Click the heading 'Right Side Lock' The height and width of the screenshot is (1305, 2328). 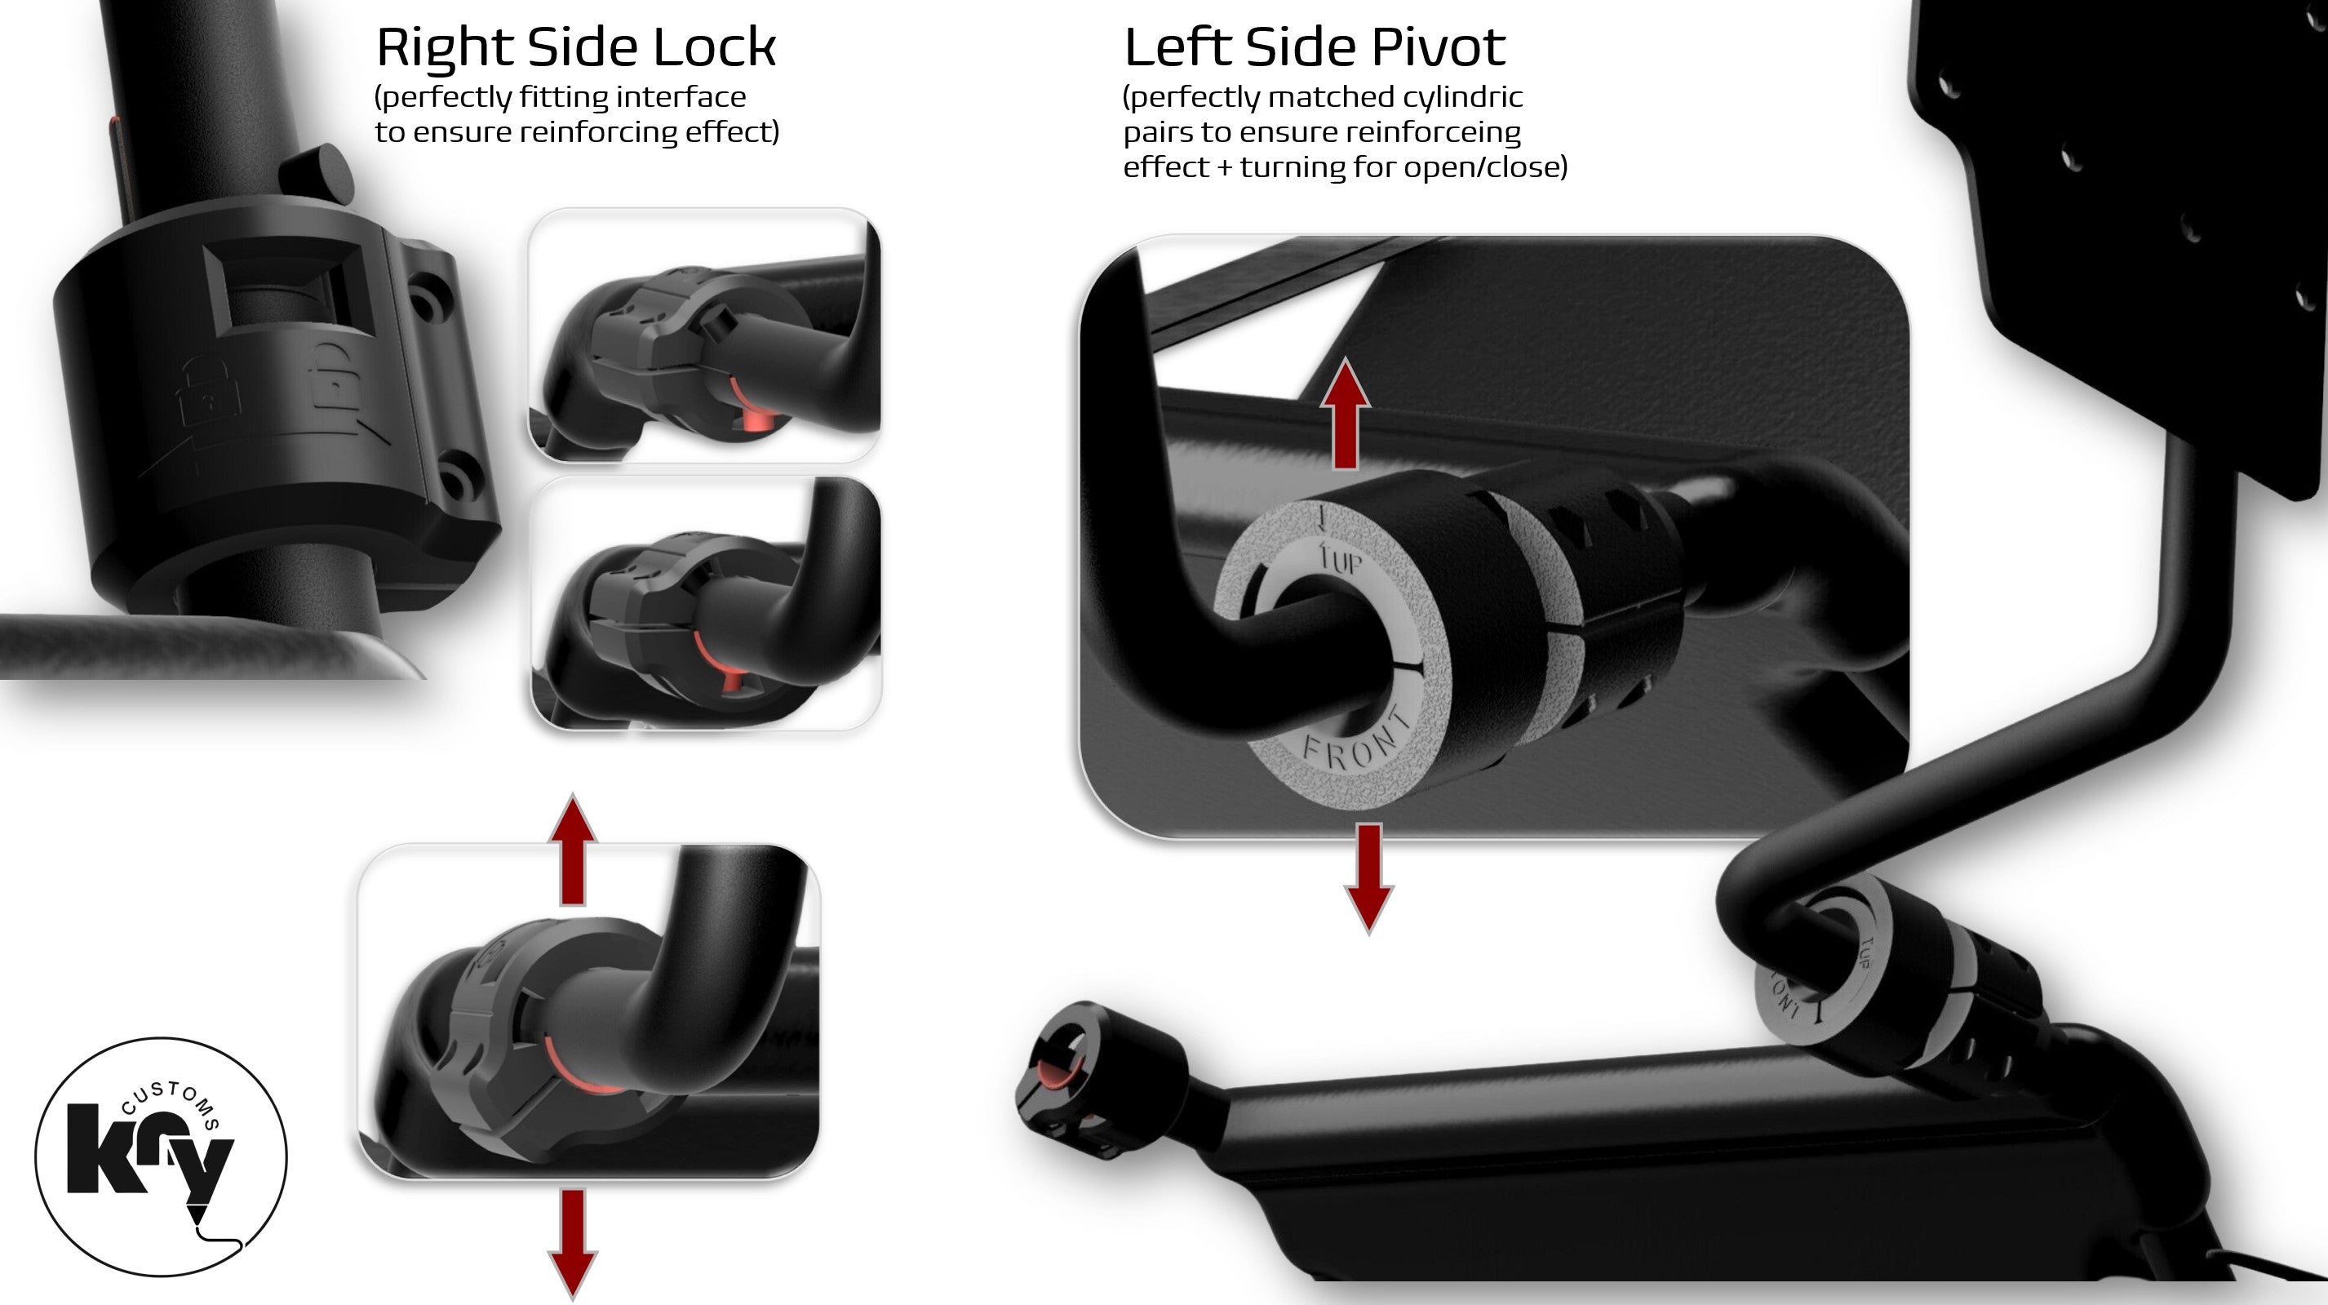(x=575, y=47)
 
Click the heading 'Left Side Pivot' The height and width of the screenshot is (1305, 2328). (x=1314, y=47)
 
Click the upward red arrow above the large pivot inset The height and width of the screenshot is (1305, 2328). (x=1346, y=413)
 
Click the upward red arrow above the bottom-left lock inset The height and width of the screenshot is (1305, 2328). (x=573, y=850)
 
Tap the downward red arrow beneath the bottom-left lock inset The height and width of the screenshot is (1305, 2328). (x=573, y=1245)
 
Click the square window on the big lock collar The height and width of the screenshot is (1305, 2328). (x=287, y=287)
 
